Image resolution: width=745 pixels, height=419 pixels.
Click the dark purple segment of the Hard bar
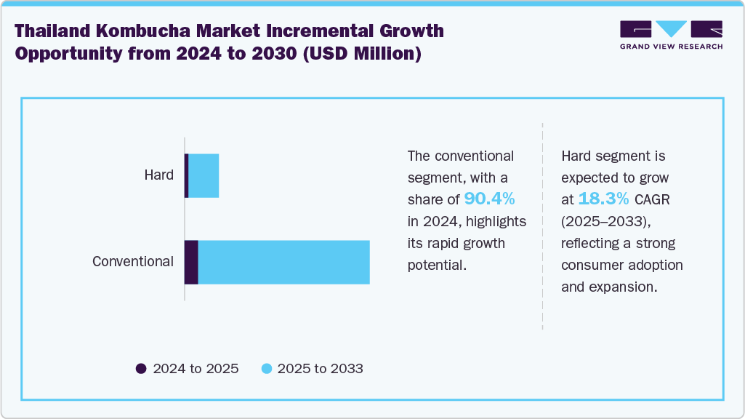pyautogui.click(x=187, y=175)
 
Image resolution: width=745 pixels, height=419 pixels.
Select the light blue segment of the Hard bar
pyautogui.click(x=204, y=175)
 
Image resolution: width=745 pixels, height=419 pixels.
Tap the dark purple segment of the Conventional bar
pyautogui.click(x=191, y=262)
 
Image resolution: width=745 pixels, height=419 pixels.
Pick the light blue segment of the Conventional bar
pyautogui.click(x=283, y=262)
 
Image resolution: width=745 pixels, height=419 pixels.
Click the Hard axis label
pyautogui.click(x=158, y=175)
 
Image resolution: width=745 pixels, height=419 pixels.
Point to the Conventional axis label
pyautogui.click(x=133, y=262)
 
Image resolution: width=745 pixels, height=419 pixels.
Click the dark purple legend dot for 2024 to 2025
pyautogui.click(x=141, y=369)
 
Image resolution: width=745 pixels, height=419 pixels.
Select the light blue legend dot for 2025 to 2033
pyautogui.click(x=266, y=369)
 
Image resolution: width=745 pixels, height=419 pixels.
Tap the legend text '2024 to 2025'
pyautogui.click(x=196, y=369)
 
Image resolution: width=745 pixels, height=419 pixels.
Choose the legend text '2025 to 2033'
pyautogui.click(x=321, y=369)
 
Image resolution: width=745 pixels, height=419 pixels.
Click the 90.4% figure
pyautogui.click(x=489, y=199)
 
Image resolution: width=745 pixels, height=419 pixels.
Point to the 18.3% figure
pyautogui.click(x=603, y=199)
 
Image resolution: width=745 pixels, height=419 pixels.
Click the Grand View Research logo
pyautogui.click(x=671, y=35)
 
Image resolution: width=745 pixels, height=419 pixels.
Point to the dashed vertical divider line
pyautogui.click(x=543, y=226)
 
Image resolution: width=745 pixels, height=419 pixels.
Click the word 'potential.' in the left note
pyautogui.click(x=436, y=265)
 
